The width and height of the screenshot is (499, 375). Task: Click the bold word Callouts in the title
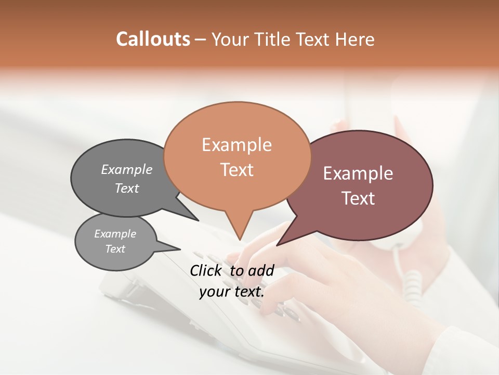click(x=153, y=39)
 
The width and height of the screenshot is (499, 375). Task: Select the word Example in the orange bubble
click(x=237, y=145)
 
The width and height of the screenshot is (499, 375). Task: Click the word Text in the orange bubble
click(x=237, y=170)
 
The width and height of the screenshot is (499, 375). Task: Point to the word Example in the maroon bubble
click(x=358, y=173)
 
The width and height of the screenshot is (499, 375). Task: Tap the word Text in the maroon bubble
click(x=358, y=198)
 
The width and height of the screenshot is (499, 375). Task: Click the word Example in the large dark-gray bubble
click(x=127, y=169)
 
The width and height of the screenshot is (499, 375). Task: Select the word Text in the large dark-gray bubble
click(x=127, y=188)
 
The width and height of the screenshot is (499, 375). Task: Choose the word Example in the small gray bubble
click(x=115, y=234)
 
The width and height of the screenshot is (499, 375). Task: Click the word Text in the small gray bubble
click(x=115, y=249)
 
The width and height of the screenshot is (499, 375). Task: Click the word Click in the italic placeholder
click(x=206, y=270)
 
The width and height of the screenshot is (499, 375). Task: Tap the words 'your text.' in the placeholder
click(x=232, y=292)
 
